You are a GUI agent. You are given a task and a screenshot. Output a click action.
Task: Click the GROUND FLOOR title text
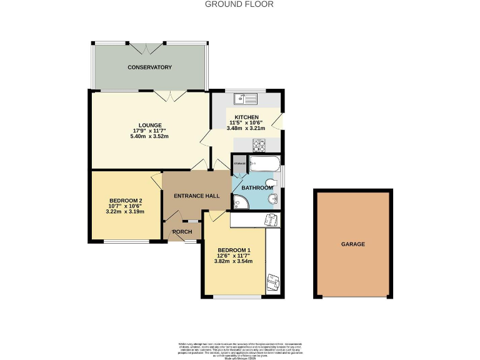coord(239,4)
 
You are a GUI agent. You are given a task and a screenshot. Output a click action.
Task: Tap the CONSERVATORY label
coord(149,67)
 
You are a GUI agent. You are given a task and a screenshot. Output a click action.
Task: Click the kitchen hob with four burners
coord(259,144)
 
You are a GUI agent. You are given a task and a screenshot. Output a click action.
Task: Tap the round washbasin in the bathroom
coord(272,200)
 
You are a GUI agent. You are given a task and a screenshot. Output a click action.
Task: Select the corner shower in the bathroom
coord(239,201)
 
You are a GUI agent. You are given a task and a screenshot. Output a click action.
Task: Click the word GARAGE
coord(353,244)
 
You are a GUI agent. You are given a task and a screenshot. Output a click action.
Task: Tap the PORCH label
coord(182,232)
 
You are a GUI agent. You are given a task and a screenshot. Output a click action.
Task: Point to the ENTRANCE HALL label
coord(197,196)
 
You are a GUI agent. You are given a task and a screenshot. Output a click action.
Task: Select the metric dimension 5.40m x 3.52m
coord(149,136)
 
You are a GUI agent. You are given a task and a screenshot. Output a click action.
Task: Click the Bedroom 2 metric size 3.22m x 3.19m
coord(127,212)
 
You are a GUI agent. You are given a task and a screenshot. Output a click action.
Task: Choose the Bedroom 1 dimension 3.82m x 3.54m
coord(234,261)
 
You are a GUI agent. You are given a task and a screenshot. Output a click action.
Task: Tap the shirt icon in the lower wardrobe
coord(272,282)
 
